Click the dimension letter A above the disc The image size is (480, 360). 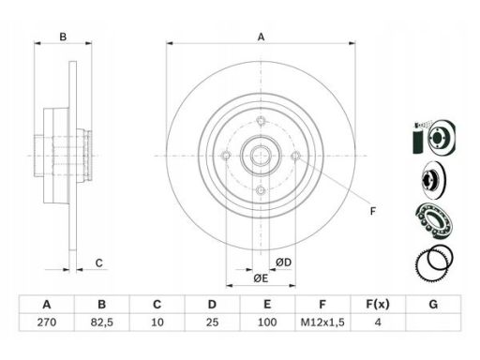pyautogui.click(x=261, y=37)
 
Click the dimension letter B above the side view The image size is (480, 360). pyautogui.click(x=63, y=37)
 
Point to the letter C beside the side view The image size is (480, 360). pyautogui.click(x=98, y=263)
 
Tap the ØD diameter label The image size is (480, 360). pyautogui.click(x=283, y=262)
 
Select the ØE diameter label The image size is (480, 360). pyautogui.click(x=261, y=277)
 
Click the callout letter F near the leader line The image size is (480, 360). pyautogui.click(x=372, y=211)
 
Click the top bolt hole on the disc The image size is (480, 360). pyautogui.click(x=261, y=120)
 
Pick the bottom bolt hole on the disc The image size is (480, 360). pyautogui.click(x=261, y=190)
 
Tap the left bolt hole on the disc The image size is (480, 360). pyautogui.click(x=226, y=155)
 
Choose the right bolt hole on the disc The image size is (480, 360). pyautogui.click(x=295, y=155)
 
